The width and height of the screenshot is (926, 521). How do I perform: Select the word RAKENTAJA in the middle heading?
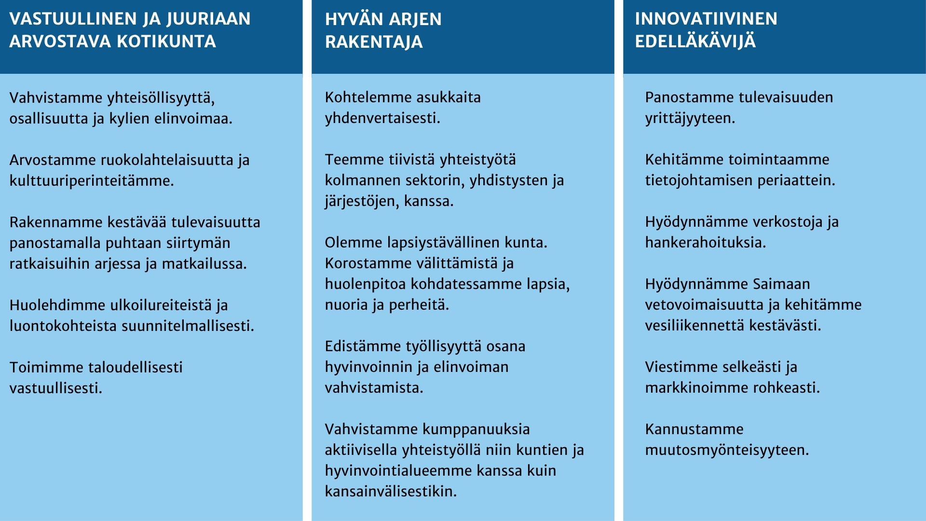(374, 42)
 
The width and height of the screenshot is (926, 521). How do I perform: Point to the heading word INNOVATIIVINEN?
(706, 19)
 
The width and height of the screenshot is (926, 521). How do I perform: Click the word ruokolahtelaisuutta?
(167, 160)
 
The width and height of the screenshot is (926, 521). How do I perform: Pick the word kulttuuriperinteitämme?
(92, 181)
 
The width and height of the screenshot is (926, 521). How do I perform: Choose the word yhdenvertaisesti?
(382, 118)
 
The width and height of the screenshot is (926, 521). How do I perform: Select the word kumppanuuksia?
(476, 429)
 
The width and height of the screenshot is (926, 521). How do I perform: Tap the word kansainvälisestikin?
(391, 492)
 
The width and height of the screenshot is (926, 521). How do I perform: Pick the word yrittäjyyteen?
(690, 118)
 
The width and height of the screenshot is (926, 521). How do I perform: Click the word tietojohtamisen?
(700, 180)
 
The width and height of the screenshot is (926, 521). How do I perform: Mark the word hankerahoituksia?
(706, 243)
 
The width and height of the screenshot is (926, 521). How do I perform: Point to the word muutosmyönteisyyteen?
(727, 450)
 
